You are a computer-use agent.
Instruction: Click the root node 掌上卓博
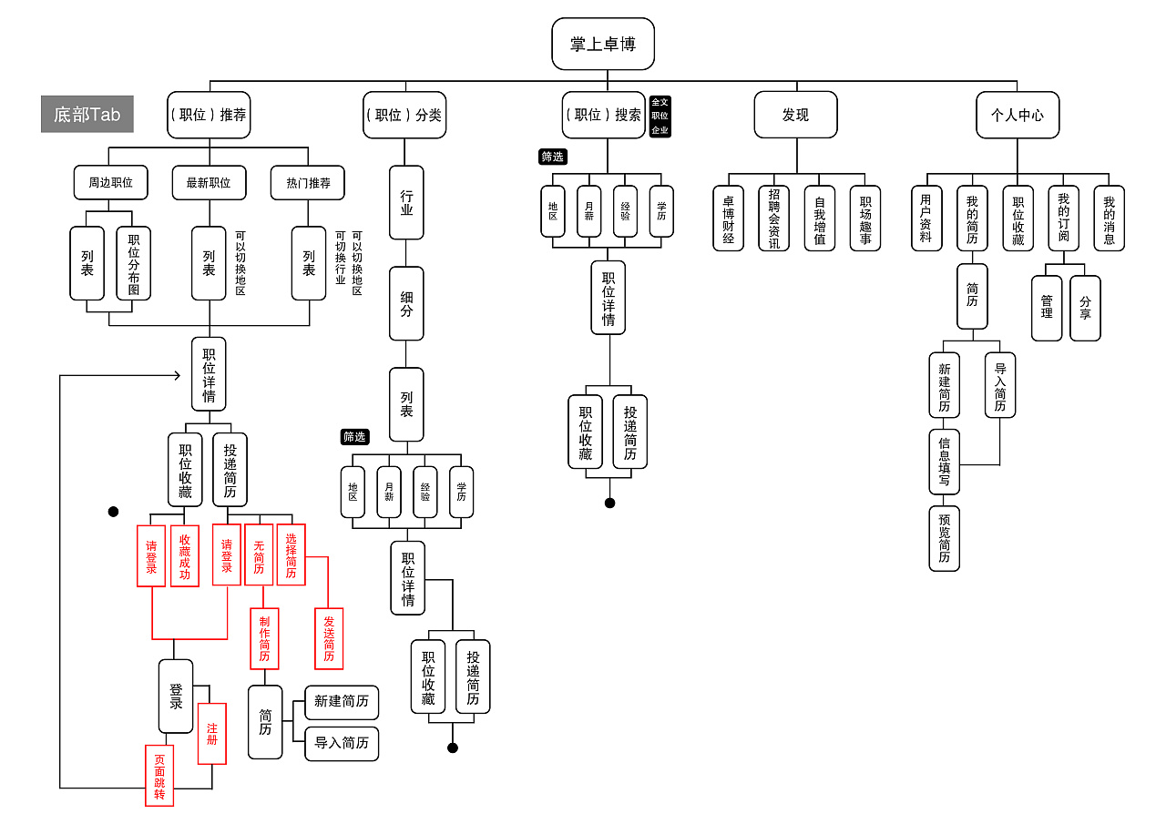603,44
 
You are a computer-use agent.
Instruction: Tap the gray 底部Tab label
87,114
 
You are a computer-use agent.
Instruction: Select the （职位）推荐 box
209,115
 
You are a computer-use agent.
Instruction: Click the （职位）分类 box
404,115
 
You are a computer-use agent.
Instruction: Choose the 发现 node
795,115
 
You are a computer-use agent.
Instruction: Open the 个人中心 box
1018,115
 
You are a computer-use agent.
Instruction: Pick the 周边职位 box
110,182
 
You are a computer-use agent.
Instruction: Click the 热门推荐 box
308,182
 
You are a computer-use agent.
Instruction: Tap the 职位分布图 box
134,263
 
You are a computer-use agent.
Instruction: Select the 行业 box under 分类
406,202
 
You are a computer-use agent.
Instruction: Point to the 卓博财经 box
728,219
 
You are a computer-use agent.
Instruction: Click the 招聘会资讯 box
773,219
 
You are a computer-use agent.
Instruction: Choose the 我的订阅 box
1063,219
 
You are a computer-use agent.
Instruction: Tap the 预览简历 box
944,538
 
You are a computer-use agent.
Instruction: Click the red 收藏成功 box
185,555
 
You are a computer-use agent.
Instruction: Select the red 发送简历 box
329,638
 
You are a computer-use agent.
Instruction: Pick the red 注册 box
212,733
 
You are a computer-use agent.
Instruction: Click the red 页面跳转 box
159,775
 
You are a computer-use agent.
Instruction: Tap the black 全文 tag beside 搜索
660,102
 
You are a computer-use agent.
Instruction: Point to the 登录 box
176,697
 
